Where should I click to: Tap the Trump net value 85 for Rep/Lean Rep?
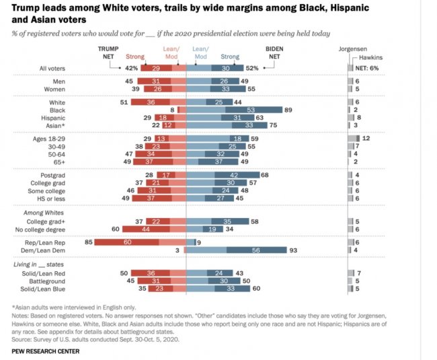coord(89,242)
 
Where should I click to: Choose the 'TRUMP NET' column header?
coord(108,52)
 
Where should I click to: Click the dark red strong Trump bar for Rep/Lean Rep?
coord(126,242)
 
